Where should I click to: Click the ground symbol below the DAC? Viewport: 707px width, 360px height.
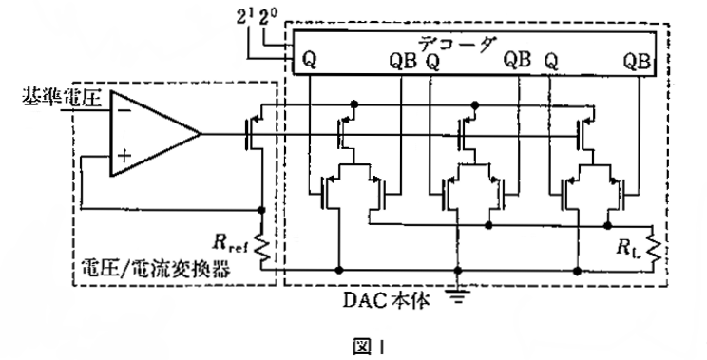[458, 296]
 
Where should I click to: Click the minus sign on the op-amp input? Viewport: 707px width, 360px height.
[124, 111]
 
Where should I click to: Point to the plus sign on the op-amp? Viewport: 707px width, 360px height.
[124, 156]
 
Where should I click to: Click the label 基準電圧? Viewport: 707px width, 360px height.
[62, 97]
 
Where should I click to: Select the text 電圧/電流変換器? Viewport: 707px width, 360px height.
[155, 269]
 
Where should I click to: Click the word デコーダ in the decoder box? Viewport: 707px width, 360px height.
[457, 44]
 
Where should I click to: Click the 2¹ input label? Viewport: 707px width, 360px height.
[245, 18]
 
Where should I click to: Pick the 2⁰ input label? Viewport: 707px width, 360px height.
[267, 18]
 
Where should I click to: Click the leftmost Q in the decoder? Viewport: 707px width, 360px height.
[309, 61]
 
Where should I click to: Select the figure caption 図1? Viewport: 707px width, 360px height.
[367, 347]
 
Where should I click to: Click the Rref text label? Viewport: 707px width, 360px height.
[230, 243]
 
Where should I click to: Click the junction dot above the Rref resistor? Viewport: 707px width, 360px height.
[261, 210]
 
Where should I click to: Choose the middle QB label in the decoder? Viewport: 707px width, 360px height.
[517, 60]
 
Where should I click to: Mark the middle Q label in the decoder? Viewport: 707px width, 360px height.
[432, 62]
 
